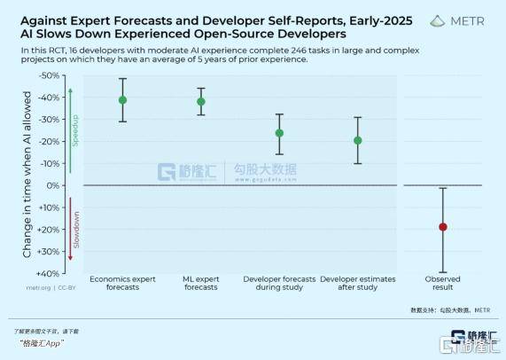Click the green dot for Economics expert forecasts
(x=122, y=100)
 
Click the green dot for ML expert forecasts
(x=201, y=101)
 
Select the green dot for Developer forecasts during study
(x=279, y=133)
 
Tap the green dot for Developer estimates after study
(x=357, y=140)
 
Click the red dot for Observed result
(x=442, y=226)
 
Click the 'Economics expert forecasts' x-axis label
(x=122, y=283)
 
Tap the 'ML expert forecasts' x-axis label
(x=201, y=283)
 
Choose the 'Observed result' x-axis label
(x=442, y=283)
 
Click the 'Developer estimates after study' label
(x=358, y=283)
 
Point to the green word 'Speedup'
(x=75, y=130)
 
